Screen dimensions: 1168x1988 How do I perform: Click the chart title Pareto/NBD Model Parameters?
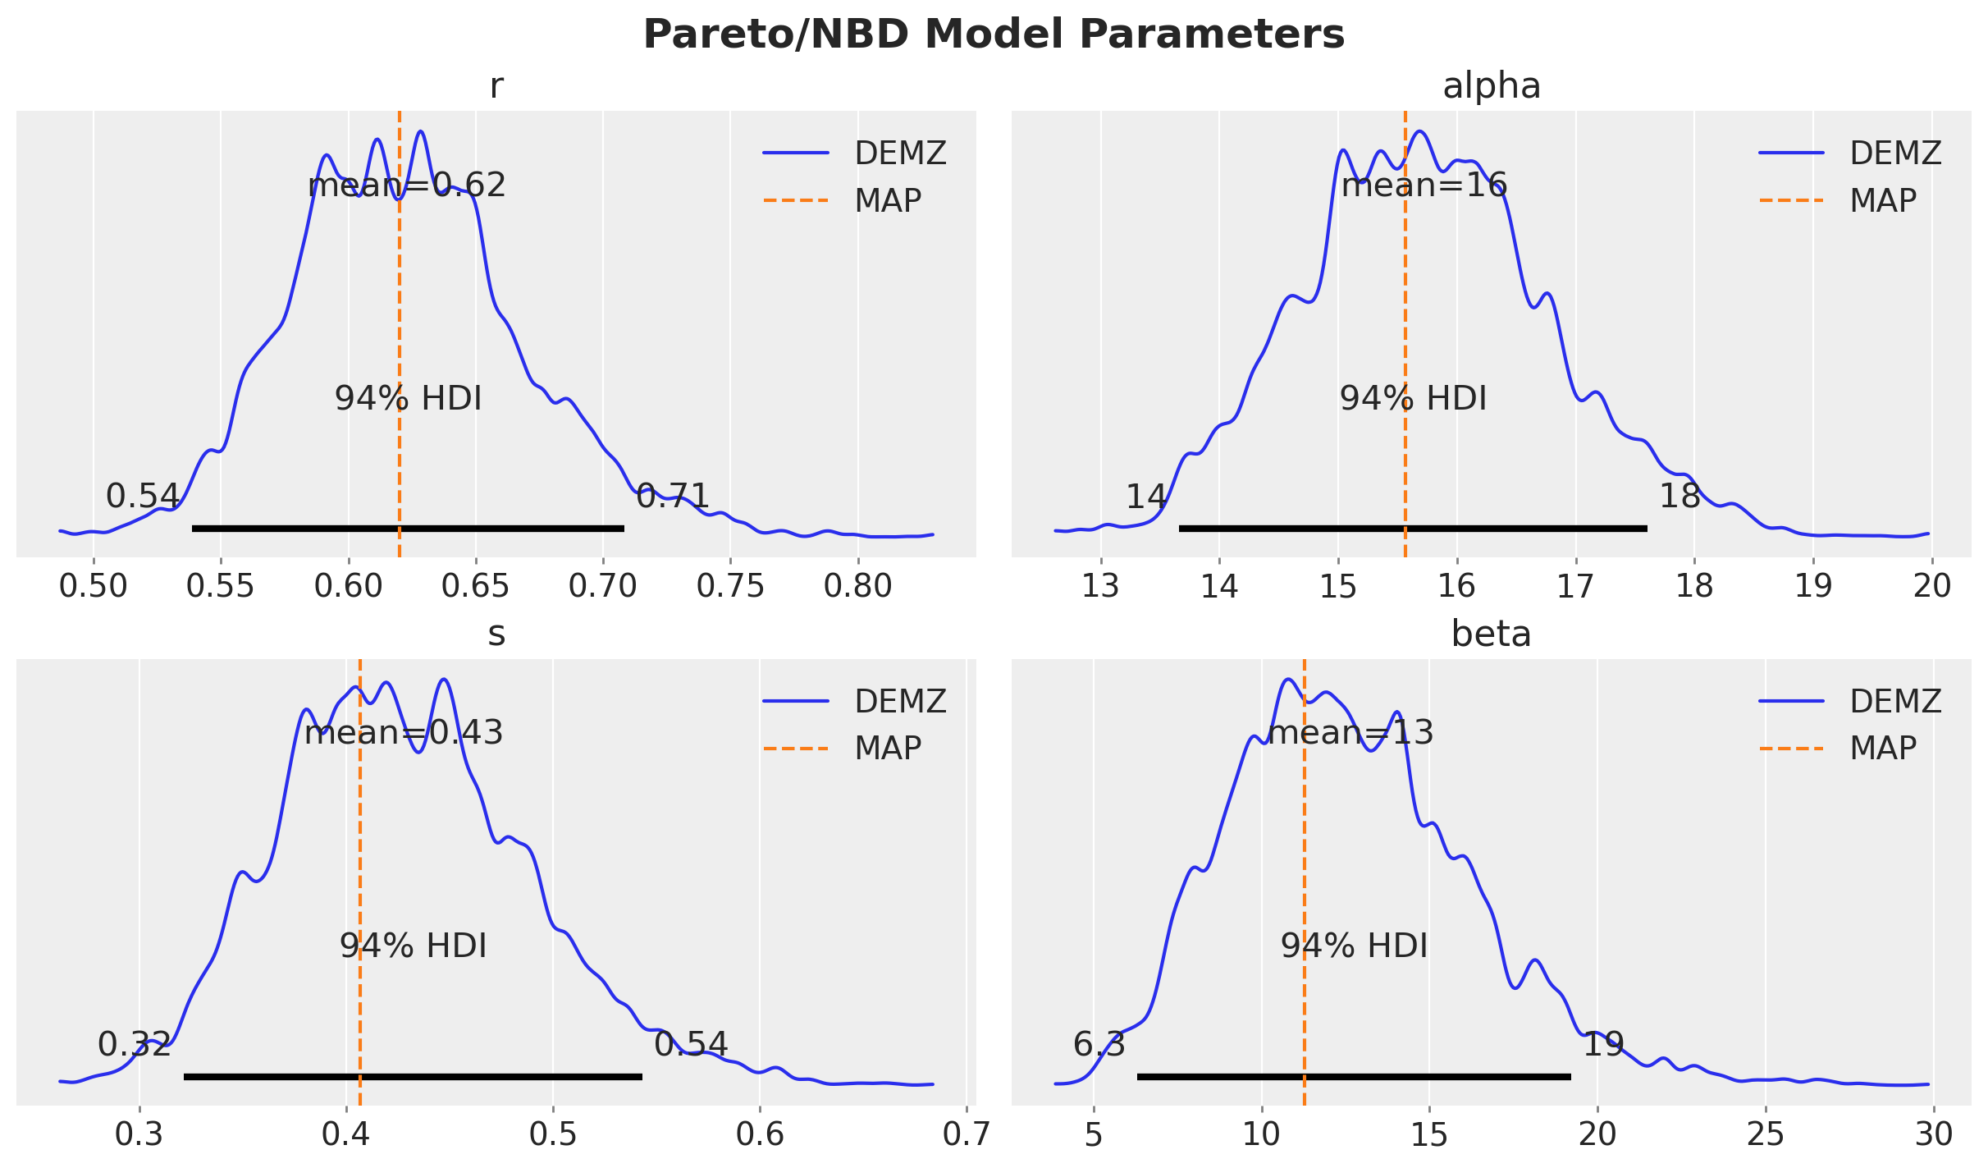994,34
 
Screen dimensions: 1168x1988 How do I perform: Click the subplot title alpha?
1491,86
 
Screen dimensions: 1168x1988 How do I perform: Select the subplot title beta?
1491,634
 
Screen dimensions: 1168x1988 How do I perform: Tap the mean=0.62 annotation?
407,186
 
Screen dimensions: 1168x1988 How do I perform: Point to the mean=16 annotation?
1424,186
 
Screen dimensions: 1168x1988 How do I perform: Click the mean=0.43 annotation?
404,733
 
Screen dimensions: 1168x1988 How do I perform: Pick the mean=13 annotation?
1350,733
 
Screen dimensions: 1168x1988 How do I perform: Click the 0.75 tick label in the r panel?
730,587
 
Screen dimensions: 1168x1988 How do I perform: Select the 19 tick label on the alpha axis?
1813,587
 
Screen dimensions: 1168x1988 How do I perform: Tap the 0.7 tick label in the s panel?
966,1134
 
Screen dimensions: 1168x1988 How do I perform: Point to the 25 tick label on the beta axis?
1765,1134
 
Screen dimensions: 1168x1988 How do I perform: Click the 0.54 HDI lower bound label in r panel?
143,497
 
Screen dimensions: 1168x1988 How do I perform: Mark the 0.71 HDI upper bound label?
673,497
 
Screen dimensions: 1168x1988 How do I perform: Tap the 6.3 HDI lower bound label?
1099,1045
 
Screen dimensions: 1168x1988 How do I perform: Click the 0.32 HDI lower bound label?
135,1045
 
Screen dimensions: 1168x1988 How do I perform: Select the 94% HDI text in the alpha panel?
1413,399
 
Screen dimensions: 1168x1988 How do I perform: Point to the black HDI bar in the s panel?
413,1076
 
